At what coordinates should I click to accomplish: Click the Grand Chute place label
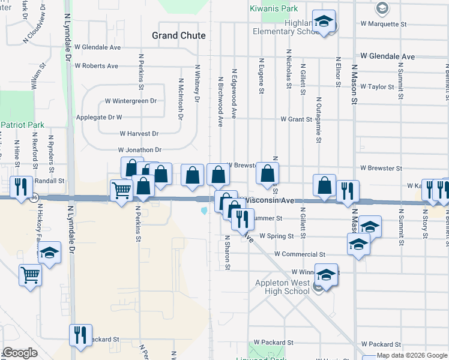pyautogui.click(x=179, y=35)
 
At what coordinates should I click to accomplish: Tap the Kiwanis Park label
pyautogui.click(x=274, y=9)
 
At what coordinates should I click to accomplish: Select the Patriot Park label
pyautogui.click(x=23, y=124)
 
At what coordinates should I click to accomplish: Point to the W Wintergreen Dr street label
pyautogui.click(x=130, y=101)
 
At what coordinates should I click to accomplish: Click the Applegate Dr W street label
pyautogui.click(x=99, y=118)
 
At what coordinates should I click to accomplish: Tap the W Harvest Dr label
pyautogui.click(x=139, y=134)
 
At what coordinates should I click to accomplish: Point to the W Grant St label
pyautogui.click(x=296, y=119)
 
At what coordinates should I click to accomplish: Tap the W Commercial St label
pyautogui.click(x=300, y=254)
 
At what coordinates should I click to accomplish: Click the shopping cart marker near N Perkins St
pyautogui.click(x=122, y=191)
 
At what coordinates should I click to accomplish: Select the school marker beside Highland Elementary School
pyautogui.click(x=324, y=22)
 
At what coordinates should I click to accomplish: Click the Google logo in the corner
pyautogui.click(x=20, y=353)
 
